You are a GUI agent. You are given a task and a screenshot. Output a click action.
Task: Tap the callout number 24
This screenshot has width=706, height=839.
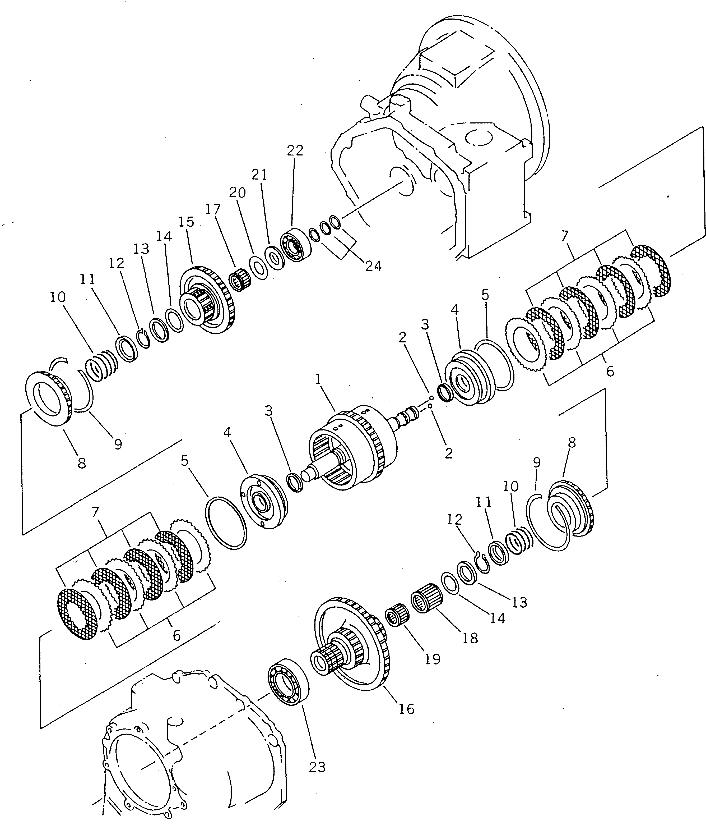pos(373,266)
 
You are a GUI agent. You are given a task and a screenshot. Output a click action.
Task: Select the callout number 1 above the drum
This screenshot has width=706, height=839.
pos(318,379)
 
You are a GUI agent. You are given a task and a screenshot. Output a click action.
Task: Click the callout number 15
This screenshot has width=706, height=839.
pos(187,222)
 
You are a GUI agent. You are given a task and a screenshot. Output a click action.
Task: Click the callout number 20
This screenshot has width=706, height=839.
pos(237,193)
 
